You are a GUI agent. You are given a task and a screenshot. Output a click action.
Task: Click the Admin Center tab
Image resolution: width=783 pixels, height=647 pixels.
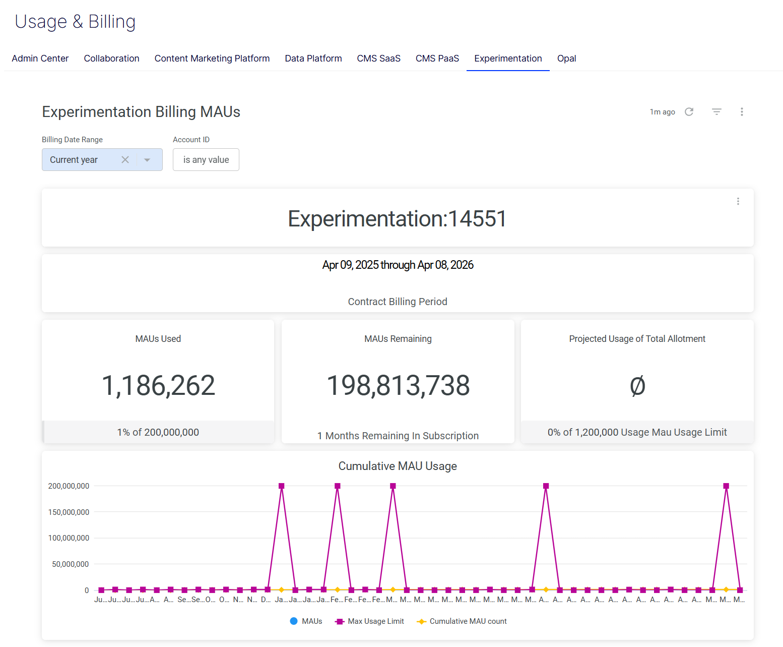(40, 58)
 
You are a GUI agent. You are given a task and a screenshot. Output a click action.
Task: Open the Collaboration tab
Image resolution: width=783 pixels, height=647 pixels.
(111, 58)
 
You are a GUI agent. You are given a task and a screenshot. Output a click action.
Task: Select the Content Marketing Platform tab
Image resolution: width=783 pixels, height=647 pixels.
(212, 58)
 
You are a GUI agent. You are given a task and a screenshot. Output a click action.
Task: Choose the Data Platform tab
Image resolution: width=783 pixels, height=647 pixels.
(313, 58)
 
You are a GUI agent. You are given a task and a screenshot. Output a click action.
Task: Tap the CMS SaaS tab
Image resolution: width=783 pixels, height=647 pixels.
(378, 58)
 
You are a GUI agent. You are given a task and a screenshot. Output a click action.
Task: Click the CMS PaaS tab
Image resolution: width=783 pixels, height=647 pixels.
(437, 58)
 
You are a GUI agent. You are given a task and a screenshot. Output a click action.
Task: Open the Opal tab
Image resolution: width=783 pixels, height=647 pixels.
(566, 58)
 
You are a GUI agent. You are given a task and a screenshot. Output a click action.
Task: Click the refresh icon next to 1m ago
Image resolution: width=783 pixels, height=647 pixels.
(689, 112)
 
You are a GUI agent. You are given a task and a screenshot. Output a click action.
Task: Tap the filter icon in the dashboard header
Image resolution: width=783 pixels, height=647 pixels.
(716, 112)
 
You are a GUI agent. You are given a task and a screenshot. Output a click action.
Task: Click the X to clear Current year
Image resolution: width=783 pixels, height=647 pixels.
(125, 160)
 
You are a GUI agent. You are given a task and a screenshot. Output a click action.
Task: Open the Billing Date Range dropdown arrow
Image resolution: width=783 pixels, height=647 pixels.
(147, 160)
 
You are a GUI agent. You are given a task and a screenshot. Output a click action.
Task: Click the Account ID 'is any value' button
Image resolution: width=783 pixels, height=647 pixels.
(206, 160)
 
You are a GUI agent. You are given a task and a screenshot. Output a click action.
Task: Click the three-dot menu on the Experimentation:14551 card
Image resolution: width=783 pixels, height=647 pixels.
(738, 201)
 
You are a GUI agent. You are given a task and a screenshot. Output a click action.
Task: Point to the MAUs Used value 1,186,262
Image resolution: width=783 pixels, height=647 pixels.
(158, 386)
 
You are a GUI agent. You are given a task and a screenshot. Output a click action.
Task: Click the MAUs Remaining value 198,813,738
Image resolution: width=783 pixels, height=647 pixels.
(398, 386)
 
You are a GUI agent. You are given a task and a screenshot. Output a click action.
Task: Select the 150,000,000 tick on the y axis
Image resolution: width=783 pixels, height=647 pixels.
(69, 512)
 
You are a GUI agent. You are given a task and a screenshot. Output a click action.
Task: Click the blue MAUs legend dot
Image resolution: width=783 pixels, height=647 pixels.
(294, 621)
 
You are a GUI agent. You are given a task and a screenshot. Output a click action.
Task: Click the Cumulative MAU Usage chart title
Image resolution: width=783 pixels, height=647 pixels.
(398, 466)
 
